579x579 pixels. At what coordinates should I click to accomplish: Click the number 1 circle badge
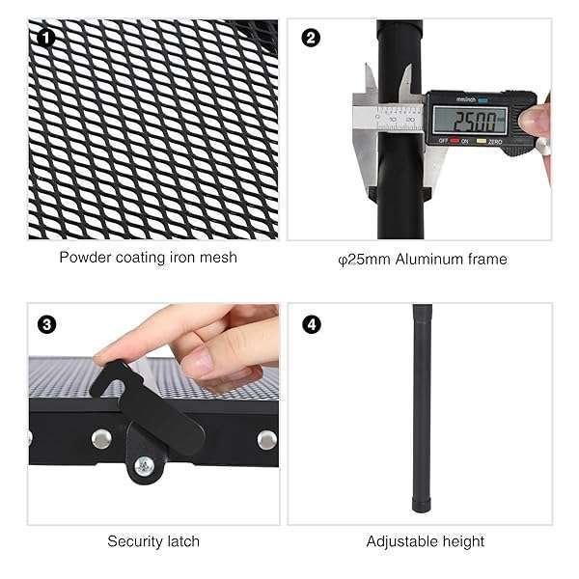[x=45, y=38]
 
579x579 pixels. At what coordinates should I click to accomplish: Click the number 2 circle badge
[x=311, y=38]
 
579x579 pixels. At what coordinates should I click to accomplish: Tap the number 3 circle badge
[x=46, y=325]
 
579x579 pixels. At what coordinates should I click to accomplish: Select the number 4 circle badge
[x=312, y=325]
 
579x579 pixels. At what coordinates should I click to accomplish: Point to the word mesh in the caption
[x=218, y=258]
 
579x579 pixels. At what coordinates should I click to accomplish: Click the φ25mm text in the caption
[x=364, y=260]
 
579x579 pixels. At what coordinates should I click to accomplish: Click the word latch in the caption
[x=183, y=541]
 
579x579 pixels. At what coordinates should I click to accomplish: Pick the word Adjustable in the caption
[x=402, y=541]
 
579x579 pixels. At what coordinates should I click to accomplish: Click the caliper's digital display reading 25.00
[x=470, y=121]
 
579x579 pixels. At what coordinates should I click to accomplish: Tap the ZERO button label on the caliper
[x=494, y=142]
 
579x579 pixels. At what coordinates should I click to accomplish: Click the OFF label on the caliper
[x=443, y=141]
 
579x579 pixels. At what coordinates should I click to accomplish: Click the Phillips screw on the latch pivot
[x=144, y=466]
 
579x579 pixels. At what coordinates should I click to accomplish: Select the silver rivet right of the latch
[x=266, y=439]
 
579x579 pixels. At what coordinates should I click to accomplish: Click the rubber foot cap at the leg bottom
[x=422, y=505]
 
